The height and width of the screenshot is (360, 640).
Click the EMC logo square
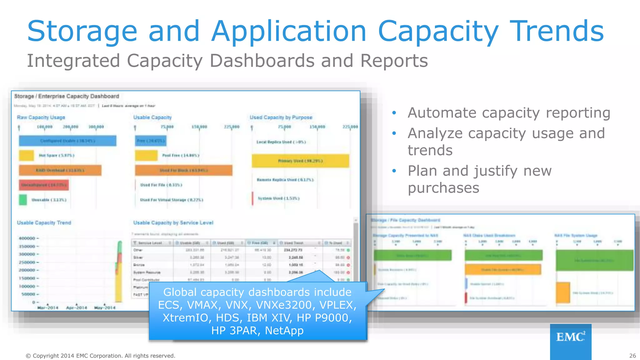[x=571, y=341]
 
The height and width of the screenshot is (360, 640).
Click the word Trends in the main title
[x=557, y=31]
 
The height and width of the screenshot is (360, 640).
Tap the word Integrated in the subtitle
[x=73, y=61]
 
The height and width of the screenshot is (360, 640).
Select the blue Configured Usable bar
[x=67, y=141]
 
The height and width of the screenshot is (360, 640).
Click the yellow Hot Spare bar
[x=26, y=155]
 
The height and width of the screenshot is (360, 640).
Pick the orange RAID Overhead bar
[x=60, y=170]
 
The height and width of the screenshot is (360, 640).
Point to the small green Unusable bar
[x=23, y=200]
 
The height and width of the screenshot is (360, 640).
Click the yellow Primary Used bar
[x=300, y=161]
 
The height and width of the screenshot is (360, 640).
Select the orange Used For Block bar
[x=184, y=170]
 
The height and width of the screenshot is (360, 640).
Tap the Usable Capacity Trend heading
[x=44, y=223]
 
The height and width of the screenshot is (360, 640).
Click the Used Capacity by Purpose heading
[x=281, y=117]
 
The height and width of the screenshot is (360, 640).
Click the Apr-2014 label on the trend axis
[x=77, y=308]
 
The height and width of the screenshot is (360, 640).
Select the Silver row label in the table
[x=138, y=257]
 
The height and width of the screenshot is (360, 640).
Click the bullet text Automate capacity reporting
[x=509, y=113]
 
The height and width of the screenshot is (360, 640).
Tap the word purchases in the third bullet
[x=443, y=188]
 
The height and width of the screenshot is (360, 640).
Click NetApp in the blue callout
[x=284, y=330]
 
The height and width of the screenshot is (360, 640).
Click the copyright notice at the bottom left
[x=100, y=356]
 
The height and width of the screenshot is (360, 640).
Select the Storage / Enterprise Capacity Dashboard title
[x=67, y=96]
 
